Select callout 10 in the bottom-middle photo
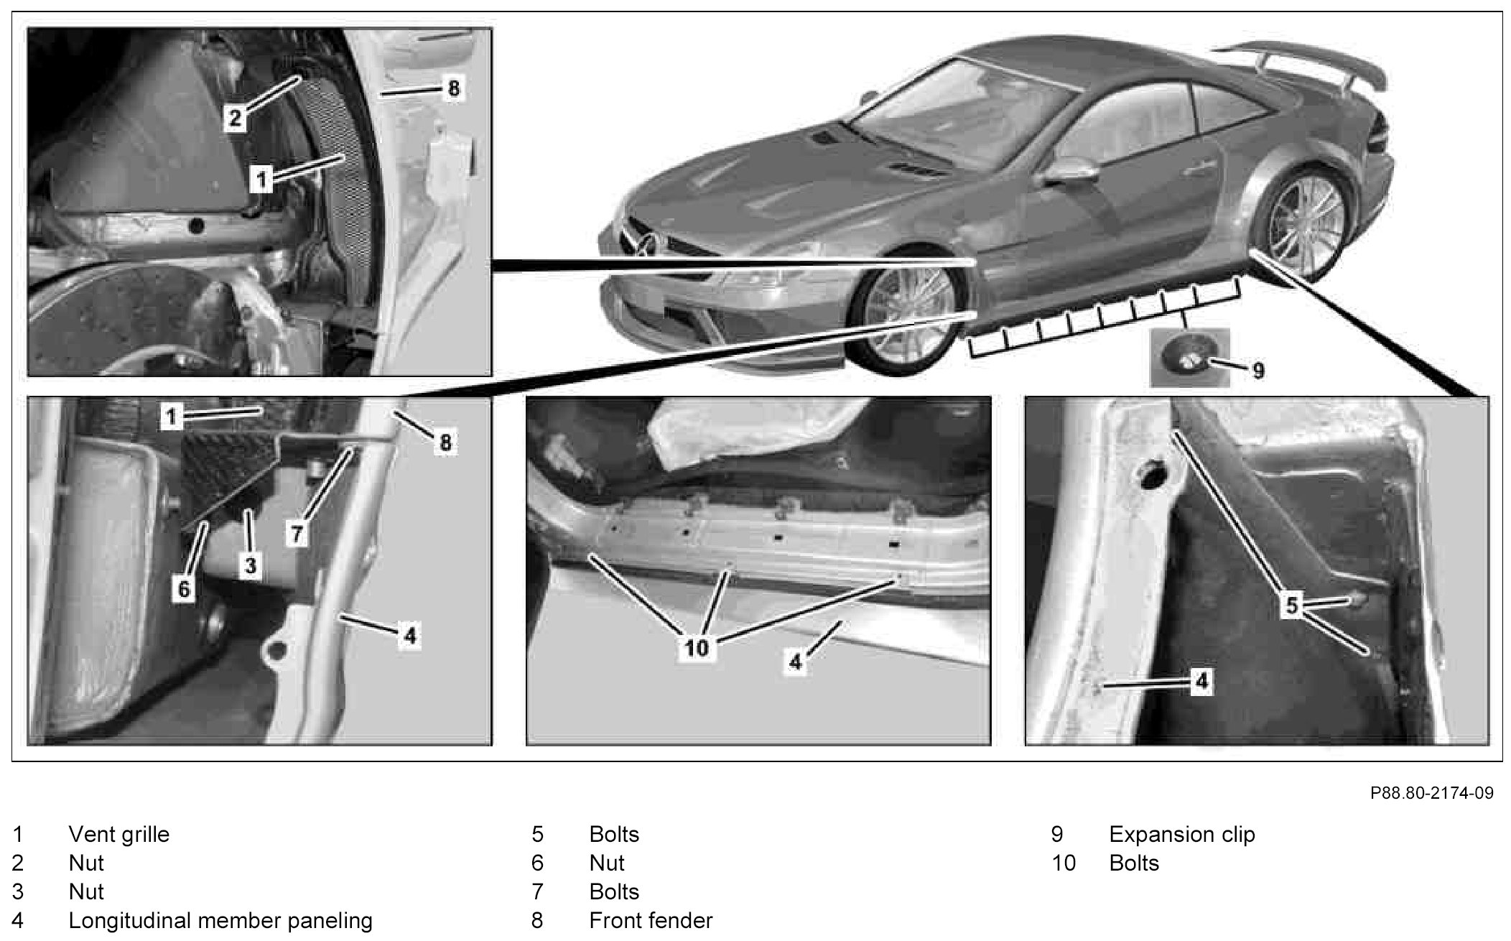click(697, 648)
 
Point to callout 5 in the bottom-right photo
click(1292, 606)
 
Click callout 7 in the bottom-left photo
click(298, 533)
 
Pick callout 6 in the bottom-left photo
click(184, 589)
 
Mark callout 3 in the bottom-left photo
click(250, 565)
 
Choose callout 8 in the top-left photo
click(452, 90)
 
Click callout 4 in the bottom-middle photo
click(794, 661)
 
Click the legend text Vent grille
click(118, 834)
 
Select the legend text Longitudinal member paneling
click(220, 920)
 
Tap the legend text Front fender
click(651, 920)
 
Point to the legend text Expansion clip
click(1181, 834)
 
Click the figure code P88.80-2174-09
click(1431, 793)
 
